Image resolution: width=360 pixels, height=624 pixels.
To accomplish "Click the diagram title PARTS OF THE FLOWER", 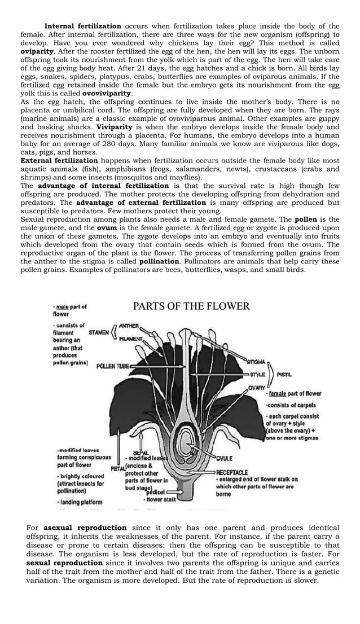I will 191,306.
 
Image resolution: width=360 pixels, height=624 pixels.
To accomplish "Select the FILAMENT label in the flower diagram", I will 131,338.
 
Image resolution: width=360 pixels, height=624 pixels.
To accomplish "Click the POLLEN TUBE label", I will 113,366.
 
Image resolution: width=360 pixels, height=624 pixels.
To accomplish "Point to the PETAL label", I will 118,468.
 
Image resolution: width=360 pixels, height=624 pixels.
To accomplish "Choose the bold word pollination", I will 159,261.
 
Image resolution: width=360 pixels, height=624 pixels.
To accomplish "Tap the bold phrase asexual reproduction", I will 85,528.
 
